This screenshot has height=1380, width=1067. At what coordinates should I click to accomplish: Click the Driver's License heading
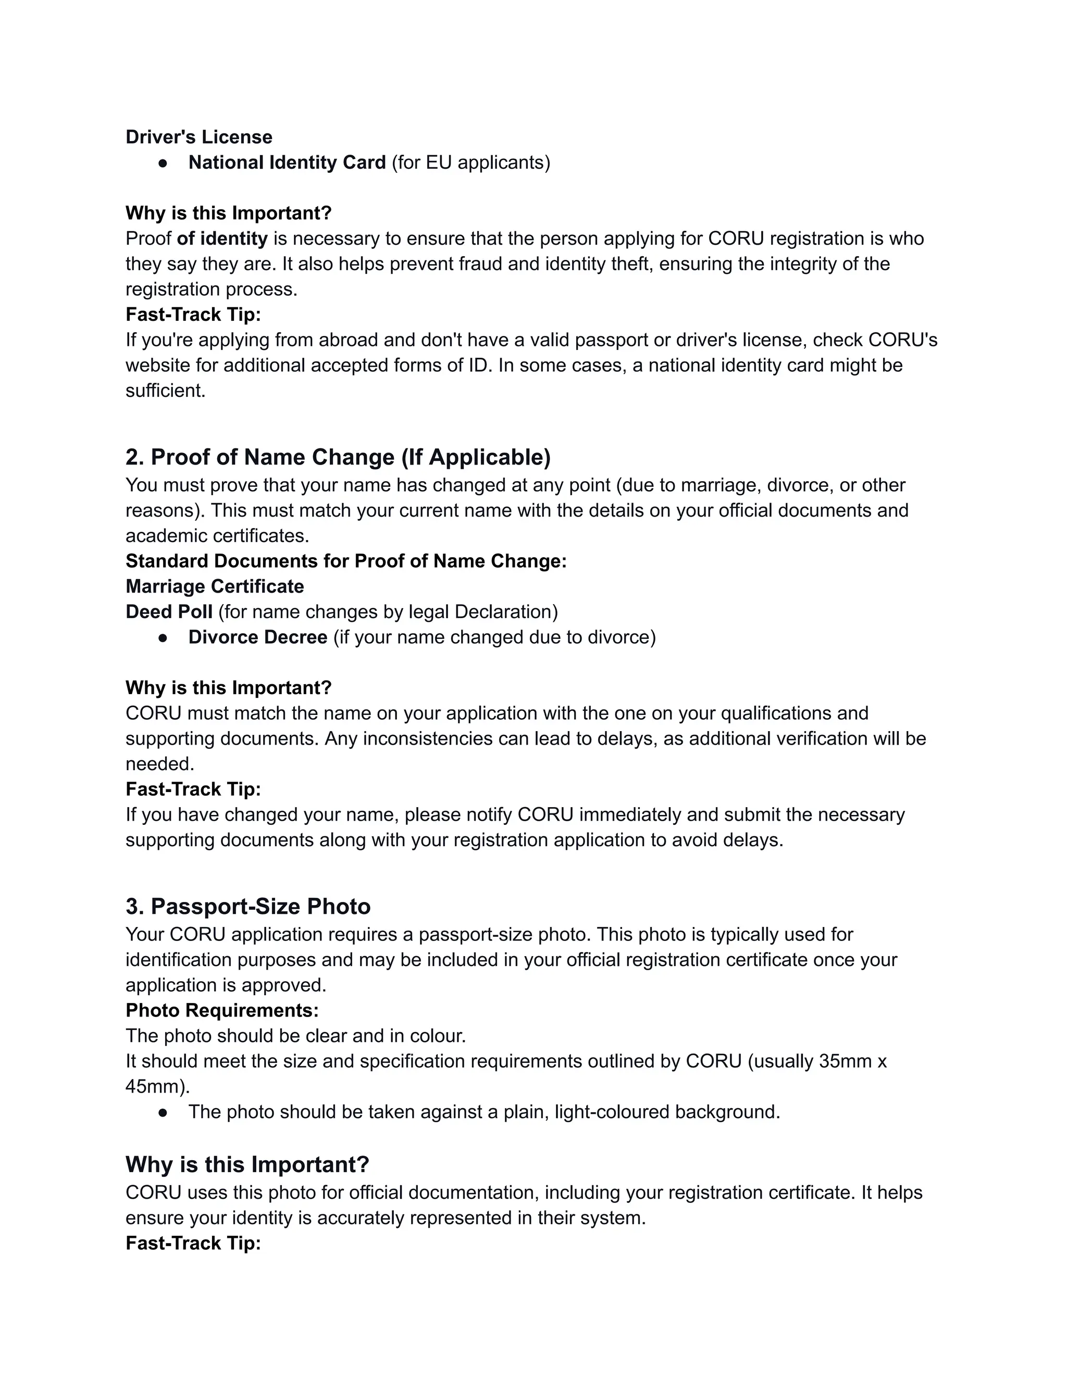pyautogui.click(x=198, y=137)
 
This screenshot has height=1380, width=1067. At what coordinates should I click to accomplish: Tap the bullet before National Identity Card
pyautogui.click(x=163, y=163)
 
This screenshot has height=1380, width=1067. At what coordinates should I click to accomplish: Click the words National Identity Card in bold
pyautogui.click(x=287, y=163)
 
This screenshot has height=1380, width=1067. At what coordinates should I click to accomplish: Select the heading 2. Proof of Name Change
pyautogui.click(x=338, y=457)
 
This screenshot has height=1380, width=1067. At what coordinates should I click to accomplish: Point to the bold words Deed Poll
pyautogui.click(x=169, y=612)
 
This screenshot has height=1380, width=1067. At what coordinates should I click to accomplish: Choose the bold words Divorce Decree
pyautogui.click(x=257, y=637)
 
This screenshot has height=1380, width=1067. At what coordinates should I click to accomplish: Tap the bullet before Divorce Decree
pyautogui.click(x=163, y=637)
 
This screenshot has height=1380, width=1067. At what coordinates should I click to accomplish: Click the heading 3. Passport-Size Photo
pyautogui.click(x=248, y=906)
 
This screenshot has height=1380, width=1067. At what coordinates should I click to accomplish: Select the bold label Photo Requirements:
pyautogui.click(x=222, y=1010)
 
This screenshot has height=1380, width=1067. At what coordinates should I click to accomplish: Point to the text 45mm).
pyautogui.click(x=157, y=1086)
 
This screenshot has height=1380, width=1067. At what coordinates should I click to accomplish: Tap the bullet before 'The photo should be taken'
pyautogui.click(x=163, y=1112)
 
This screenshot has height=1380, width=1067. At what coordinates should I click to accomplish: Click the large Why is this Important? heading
pyautogui.click(x=247, y=1164)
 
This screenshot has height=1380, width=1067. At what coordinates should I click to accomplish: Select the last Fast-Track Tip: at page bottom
pyautogui.click(x=193, y=1243)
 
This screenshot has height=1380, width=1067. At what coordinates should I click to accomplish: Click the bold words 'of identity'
pyautogui.click(x=222, y=239)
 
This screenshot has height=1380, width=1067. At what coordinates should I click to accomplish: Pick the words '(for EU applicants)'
pyautogui.click(x=471, y=163)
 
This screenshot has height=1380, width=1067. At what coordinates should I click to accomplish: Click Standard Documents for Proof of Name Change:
pyautogui.click(x=346, y=561)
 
